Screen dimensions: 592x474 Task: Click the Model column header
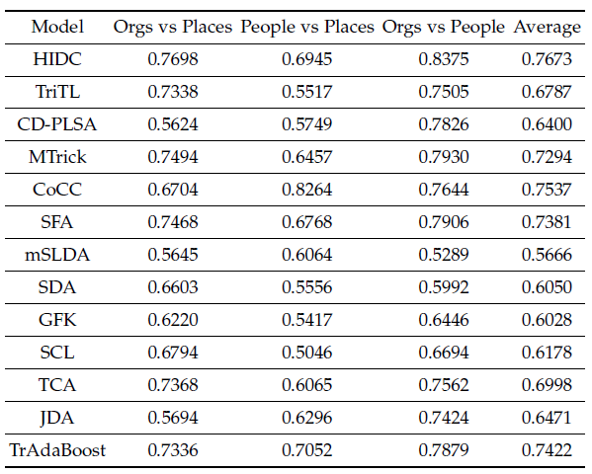57,27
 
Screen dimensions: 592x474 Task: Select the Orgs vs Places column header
173,27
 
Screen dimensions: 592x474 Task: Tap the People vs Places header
307,27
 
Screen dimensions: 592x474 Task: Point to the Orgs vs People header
443,27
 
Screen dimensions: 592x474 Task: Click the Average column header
548,28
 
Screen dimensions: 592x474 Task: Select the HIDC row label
57,59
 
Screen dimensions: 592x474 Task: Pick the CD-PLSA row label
57,124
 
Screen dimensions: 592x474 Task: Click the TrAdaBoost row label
57,450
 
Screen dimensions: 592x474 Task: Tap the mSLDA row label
57,255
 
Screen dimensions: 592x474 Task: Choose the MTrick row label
57,157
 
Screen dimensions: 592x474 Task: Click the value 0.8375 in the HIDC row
444,59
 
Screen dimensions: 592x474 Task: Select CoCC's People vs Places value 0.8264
307,190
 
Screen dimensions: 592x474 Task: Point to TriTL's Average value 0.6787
547,92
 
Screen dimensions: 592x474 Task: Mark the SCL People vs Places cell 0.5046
307,353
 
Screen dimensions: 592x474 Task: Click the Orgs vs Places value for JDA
173,418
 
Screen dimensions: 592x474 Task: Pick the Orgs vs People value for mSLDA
444,255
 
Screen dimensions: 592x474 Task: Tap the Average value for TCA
547,385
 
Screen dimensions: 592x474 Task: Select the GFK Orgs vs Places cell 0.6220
173,320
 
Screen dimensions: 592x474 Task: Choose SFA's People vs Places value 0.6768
307,222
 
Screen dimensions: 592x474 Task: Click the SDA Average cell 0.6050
547,287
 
